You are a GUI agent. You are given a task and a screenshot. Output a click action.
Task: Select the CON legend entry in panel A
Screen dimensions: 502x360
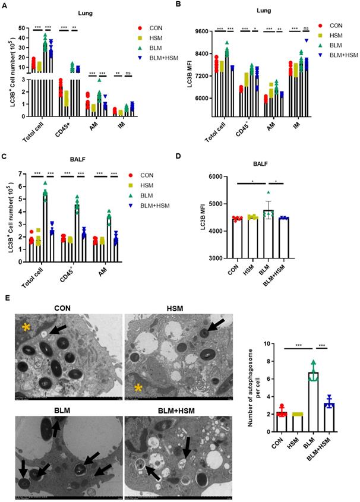(156, 28)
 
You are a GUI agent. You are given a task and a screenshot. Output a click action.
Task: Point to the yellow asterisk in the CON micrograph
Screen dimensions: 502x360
(26, 327)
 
